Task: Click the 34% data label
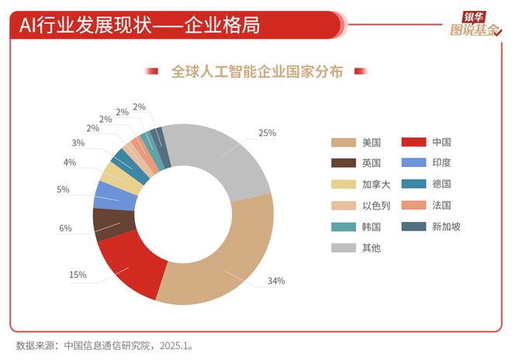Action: pyautogui.click(x=277, y=280)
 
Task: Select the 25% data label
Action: pyautogui.click(x=267, y=133)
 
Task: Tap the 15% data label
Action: pyautogui.click(x=78, y=274)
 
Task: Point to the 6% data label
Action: pyautogui.click(x=65, y=228)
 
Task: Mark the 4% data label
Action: pyautogui.click(x=70, y=162)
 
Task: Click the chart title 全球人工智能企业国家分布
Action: pyautogui.click(x=256, y=71)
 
